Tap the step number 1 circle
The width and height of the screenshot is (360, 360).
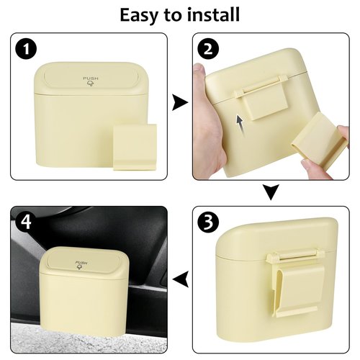[26, 50]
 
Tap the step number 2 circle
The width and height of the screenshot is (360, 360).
[209, 50]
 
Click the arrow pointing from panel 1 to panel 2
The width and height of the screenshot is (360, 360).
[179, 104]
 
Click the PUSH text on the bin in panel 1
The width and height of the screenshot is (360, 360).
[91, 78]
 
